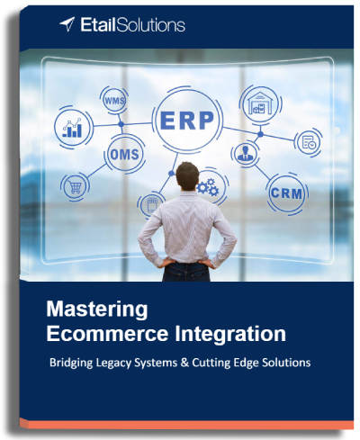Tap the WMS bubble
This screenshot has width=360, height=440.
pos(115,99)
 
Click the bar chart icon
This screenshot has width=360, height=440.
pos(72,129)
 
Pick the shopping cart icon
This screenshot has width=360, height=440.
pos(74,187)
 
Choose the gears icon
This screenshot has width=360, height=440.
pos(207,187)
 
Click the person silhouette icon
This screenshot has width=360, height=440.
pos(245,154)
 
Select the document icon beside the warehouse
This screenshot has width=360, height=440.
pos(309,140)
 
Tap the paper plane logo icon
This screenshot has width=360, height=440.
pos(67,24)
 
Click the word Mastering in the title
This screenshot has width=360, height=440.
pos(96,310)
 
